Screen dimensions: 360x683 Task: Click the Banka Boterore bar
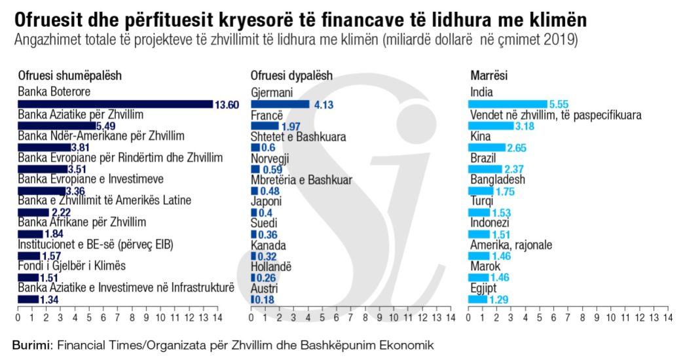pyautogui.click(x=115, y=103)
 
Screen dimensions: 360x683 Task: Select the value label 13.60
pyautogui.click(x=227, y=104)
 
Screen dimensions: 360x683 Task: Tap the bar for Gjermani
pyautogui.click(x=280, y=103)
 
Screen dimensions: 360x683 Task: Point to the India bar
pyautogui.click(x=508, y=103)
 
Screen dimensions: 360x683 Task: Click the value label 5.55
pyautogui.click(x=561, y=104)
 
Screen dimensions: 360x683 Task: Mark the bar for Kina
pyautogui.click(x=487, y=147)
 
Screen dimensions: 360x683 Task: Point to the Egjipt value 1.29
pyautogui.click(x=499, y=299)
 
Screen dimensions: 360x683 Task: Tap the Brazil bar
pyautogui.click(x=485, y=169)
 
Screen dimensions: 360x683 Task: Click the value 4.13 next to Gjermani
pyautogui.click(x=324, y=104)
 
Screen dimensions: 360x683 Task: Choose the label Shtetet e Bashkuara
pyautogui.click(x=299, y=136)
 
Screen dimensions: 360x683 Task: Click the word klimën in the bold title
pyautogui.click(x=547, y=18)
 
